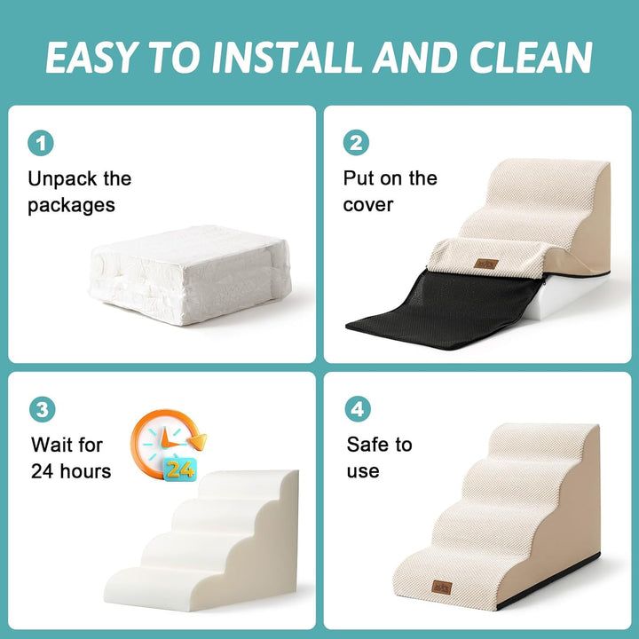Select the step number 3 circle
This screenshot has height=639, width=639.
(41, 409)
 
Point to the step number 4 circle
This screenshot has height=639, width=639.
(357, 409)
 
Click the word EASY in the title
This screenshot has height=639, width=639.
(89, 58)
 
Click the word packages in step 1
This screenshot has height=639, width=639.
(71, 206)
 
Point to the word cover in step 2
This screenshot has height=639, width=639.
(368, 205)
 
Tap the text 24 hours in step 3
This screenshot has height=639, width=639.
(71, 470)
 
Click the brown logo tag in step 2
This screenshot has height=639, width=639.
(485, 263)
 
